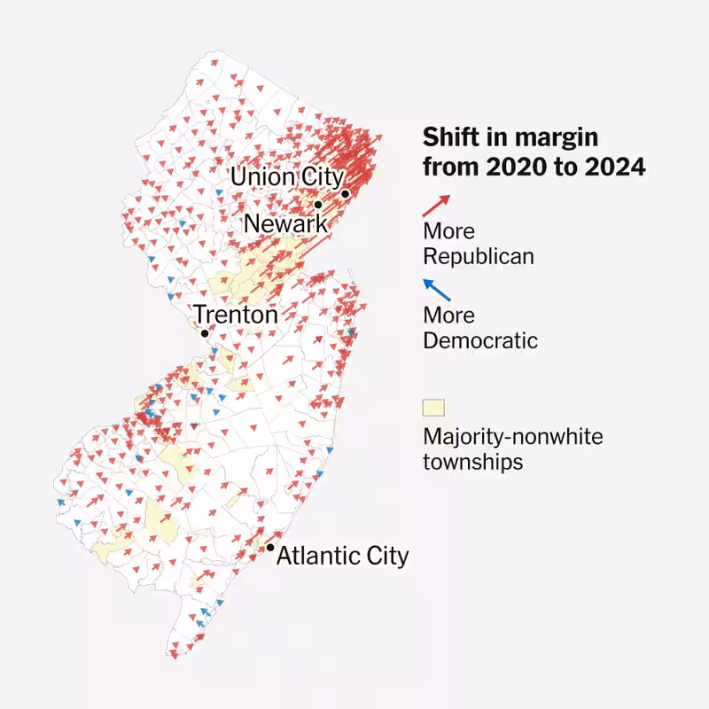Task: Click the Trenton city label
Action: click(x=236, y=315)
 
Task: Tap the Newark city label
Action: click(x=285, y=223)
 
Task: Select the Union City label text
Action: click(x=286, y=176)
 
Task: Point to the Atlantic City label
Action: click(x=343, y=556)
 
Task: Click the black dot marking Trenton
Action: click(x=205, y=334)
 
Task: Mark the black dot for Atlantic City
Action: click(x=270, y=548)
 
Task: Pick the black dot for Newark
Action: click(x=318, y=205)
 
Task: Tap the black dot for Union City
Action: click(x=345, y=193)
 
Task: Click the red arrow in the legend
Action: click(x=436, y=206)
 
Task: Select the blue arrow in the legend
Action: click(x=436, y=290)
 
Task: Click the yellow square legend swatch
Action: click(x=433, y=409)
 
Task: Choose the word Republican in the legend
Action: click(x=479, y=257)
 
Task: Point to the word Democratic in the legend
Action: click(x=480, y=340)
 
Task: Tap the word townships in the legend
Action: click(x=472, y=462)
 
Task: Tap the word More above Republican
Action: click(x=448, y=232)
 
